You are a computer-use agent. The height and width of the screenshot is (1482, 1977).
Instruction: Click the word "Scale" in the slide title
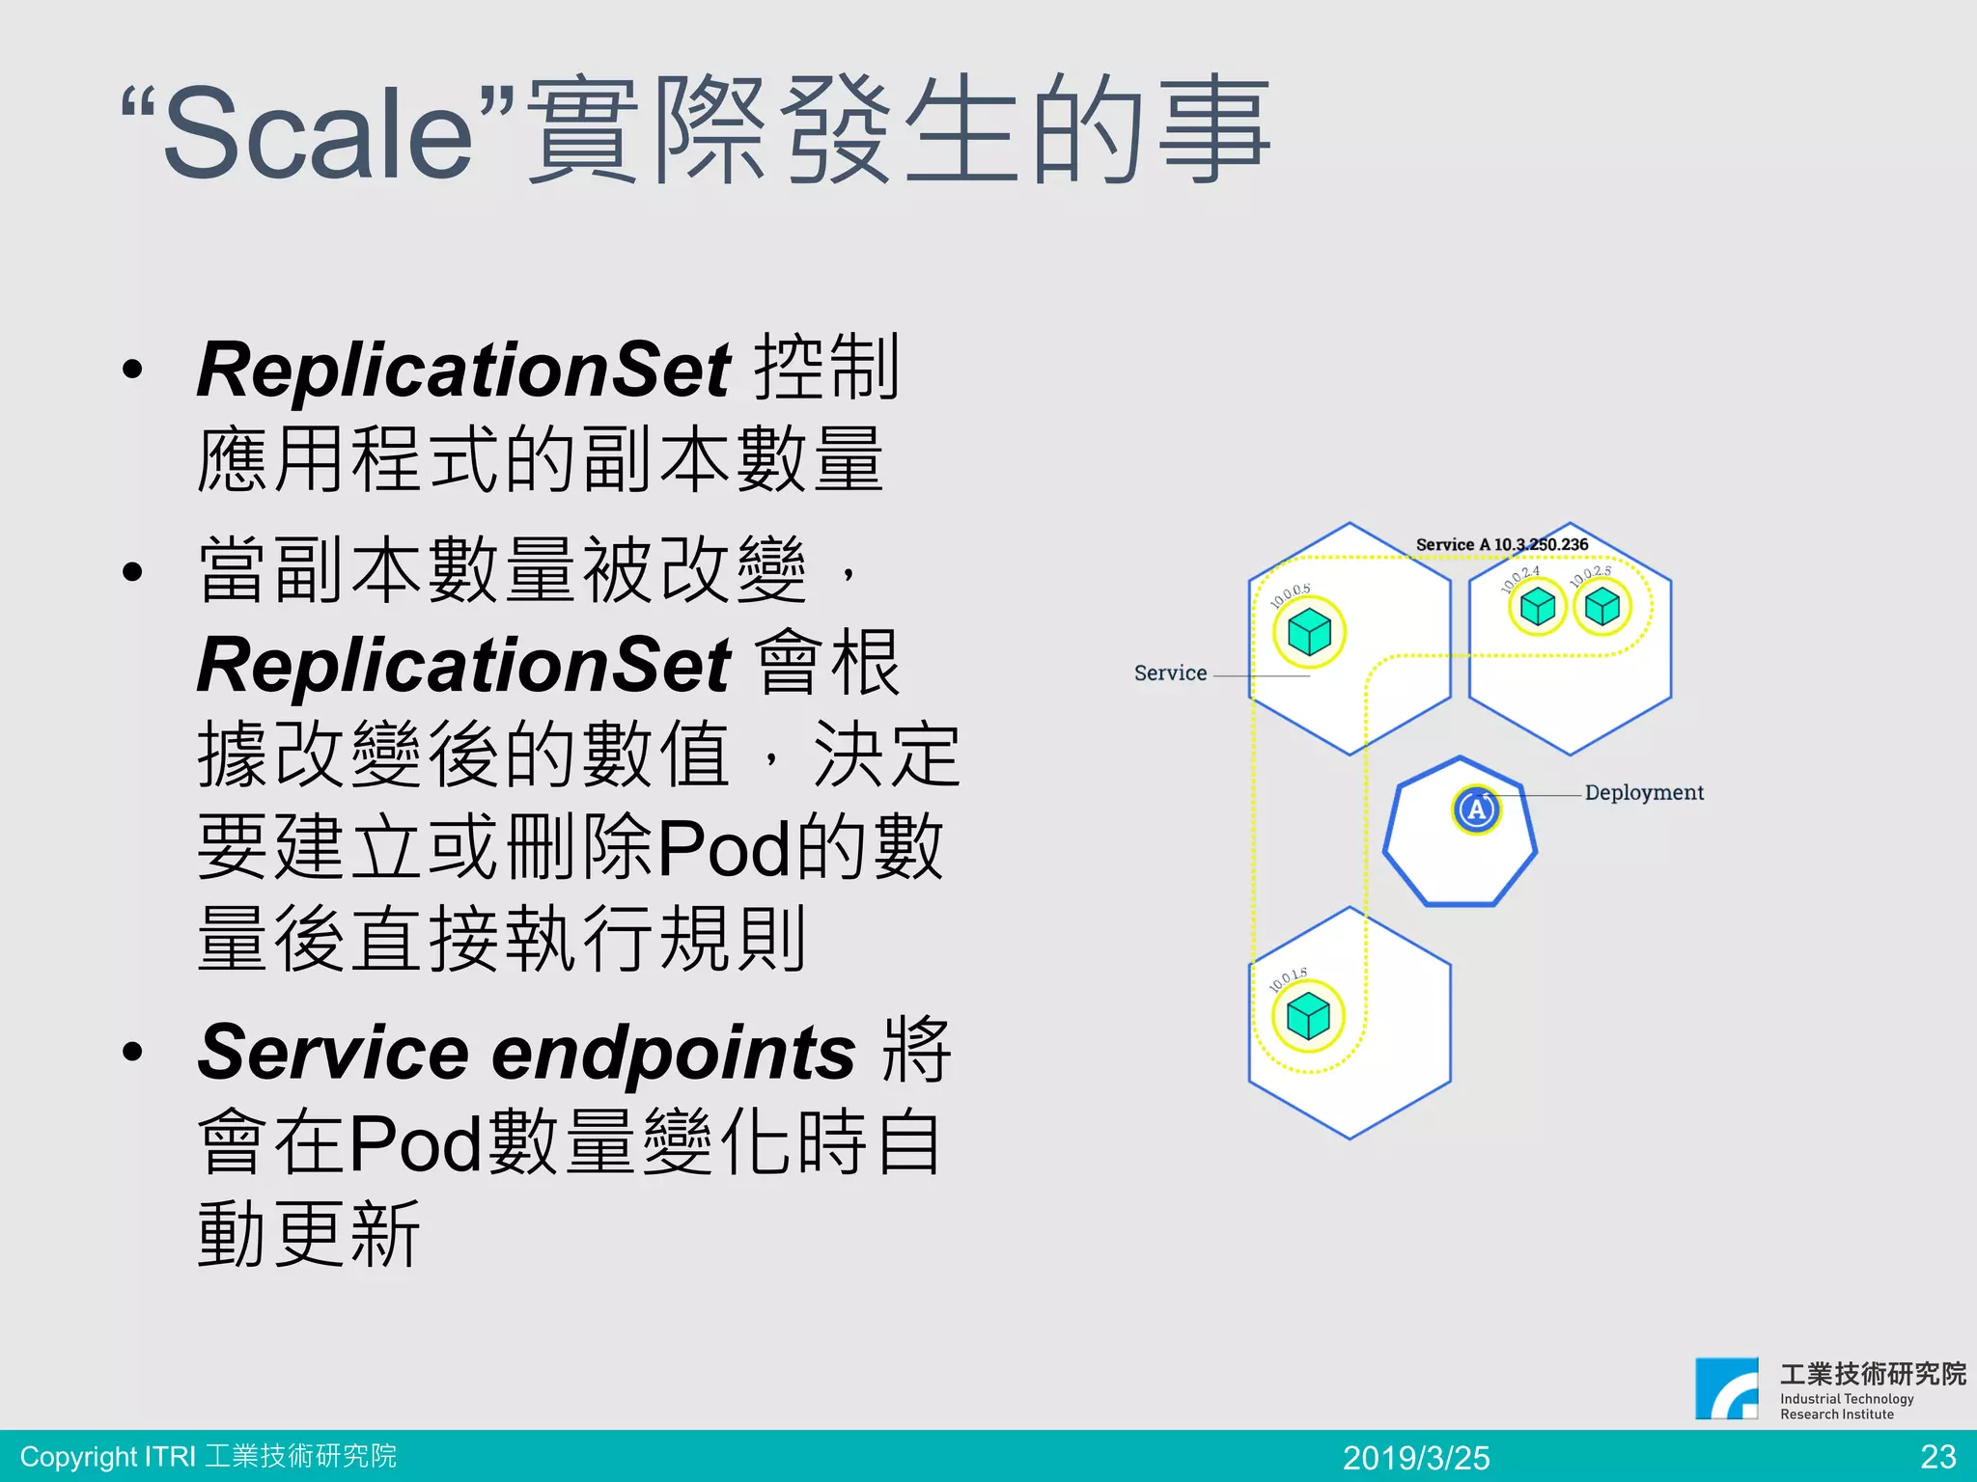coord(319,133)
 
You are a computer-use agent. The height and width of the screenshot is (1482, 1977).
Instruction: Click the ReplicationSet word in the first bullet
coord(463,370)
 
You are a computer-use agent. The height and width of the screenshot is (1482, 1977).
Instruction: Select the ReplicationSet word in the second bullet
coord(463,665)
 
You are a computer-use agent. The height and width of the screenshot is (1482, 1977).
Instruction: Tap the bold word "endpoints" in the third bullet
coord(674,1052)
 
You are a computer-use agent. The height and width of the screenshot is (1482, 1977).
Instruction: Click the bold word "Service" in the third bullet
coord(333,1052)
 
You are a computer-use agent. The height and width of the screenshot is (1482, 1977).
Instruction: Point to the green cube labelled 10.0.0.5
coord(1309,633)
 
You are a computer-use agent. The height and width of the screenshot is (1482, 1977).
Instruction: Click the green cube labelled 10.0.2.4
coord(1537,607)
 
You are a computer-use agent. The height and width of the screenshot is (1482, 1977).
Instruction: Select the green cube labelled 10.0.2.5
coord(1602,607)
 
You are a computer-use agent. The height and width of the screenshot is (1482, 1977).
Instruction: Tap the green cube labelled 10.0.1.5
coord(1308,1016)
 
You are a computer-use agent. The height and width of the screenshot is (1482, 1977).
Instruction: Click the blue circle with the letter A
coord(1476,810)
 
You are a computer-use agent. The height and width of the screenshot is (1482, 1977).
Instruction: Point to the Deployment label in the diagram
coord(1644,792)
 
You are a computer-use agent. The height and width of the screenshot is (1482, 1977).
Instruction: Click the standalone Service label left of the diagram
coord(1170,673)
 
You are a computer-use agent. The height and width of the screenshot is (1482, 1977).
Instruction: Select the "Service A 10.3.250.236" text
coord(1501,544)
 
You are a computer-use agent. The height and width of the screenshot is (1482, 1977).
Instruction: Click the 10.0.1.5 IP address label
coord(1288,979)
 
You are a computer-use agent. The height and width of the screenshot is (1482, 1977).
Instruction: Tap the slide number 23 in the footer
coord(1937,1456)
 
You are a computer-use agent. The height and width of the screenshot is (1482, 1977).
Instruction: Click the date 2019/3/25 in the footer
coord(1416,1457)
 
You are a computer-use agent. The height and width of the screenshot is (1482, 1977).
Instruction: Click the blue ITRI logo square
coord(1726,1388)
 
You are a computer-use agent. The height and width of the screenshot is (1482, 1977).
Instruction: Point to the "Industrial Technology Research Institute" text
coord(1846,1406)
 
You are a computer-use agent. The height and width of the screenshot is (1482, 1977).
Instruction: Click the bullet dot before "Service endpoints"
coord(132,1052)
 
